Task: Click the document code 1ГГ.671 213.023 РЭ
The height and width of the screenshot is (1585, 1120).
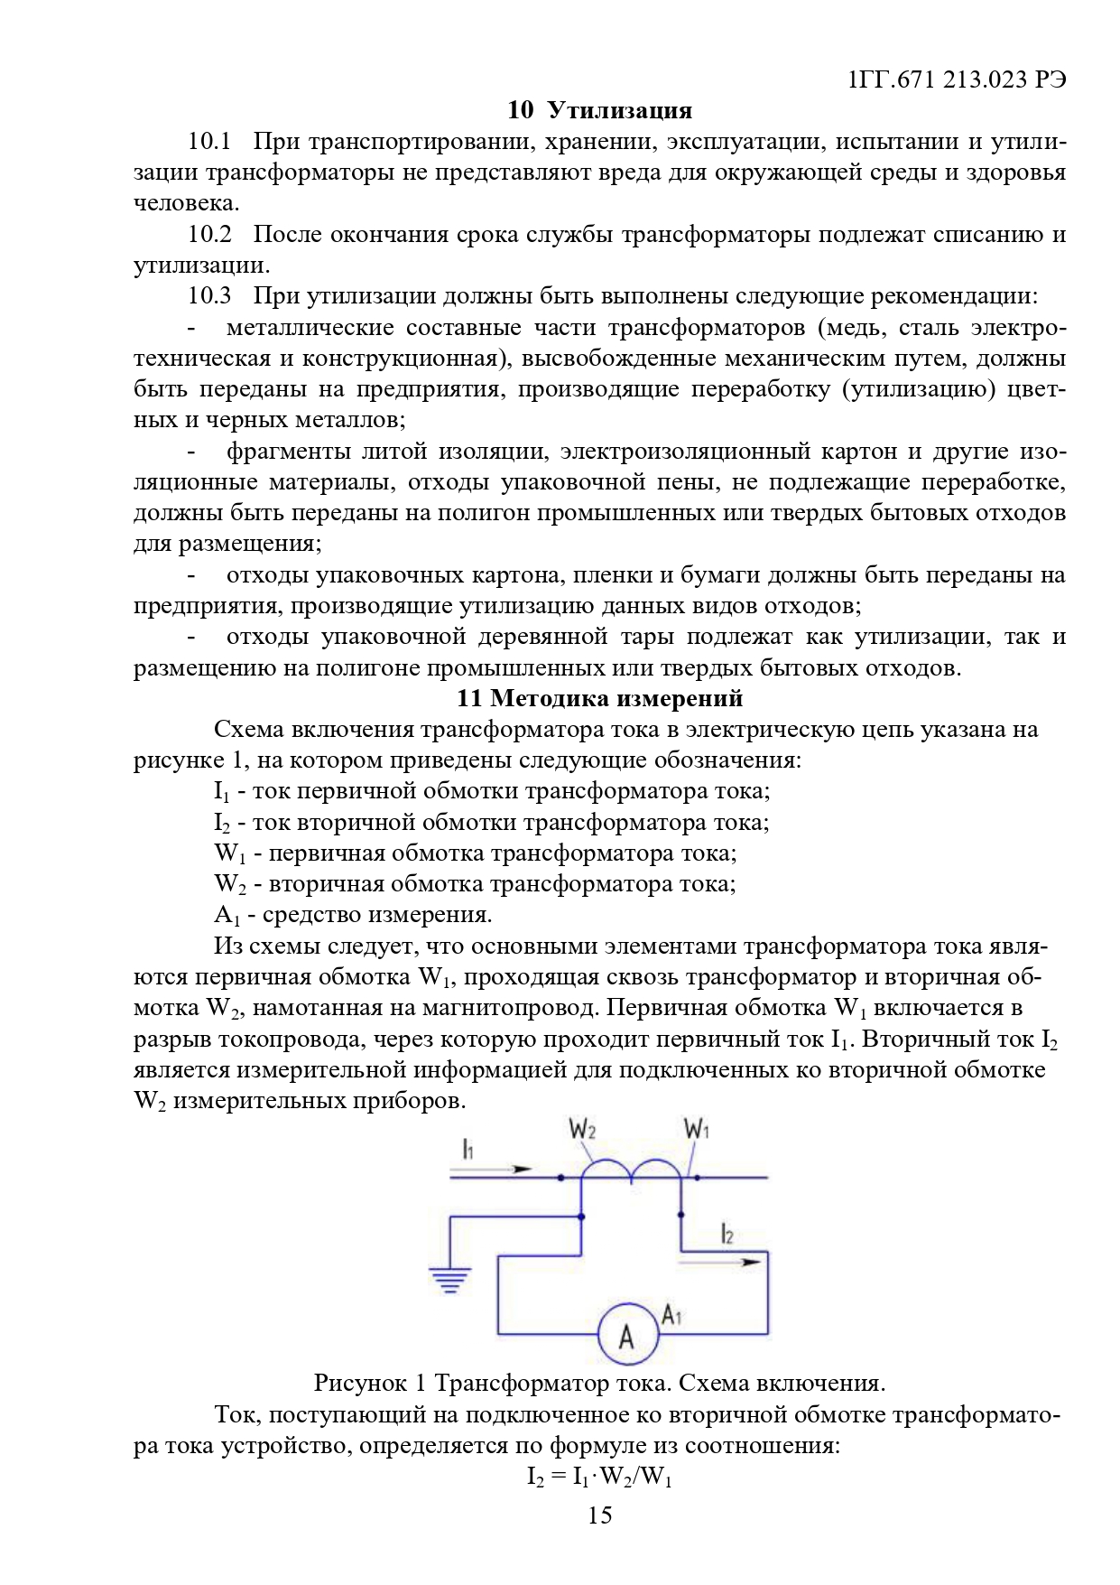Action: [x=957, y=79]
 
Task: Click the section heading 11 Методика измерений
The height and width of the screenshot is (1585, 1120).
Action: [x=599, y=698]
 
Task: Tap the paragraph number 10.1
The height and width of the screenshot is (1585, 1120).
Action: [x=209, y=142]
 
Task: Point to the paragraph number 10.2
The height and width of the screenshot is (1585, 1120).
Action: [x=209, y=235]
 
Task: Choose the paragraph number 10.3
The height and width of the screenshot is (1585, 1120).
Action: [x=209, y=296]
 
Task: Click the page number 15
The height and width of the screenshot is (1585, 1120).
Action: [x=599, y=1515]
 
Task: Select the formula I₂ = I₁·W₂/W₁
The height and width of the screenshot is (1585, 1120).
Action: [x=599, y=1478]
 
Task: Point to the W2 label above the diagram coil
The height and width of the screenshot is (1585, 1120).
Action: [x=582, y=1129]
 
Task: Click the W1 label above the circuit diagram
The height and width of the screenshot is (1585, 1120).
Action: [x=697, y=1129]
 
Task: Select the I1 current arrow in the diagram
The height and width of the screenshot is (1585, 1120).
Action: [x=493, y=1169]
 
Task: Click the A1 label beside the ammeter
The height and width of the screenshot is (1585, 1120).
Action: [x=671, y=1315]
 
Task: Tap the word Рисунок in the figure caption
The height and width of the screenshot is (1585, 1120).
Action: [x=358, y=1384]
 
